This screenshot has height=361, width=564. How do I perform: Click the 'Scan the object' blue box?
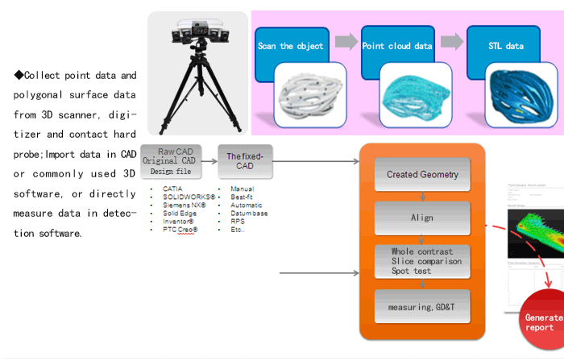[290, 47]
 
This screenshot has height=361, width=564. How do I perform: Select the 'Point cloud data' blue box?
[396, 47]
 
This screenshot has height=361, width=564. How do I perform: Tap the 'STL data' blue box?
[505, 47]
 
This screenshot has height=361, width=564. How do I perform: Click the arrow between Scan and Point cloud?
[345, 41]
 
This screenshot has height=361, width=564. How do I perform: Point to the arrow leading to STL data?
[451, 41]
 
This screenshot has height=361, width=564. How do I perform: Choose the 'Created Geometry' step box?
[422, 174]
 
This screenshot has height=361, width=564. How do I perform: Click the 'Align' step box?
[422, 218]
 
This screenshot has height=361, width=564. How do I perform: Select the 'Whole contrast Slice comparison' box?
[422, 261]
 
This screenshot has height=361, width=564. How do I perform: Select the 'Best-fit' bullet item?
[242, 197]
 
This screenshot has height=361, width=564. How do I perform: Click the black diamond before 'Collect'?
[19, 75]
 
